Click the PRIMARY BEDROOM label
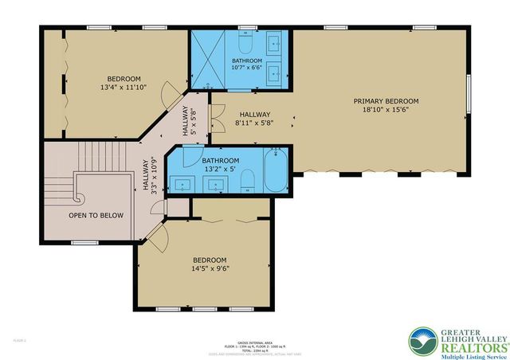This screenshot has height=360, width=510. pyautogui.click(x=386, y=101)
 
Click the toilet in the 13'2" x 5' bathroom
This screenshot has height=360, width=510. pyautogui.click(x=247, y=181)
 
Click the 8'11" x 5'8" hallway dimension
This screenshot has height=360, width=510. pyautogui.click(x=254, y=124)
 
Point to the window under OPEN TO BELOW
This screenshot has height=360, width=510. pyautogui.click(x=84, y=242)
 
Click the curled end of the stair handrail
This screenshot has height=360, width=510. pyautogui.click(x=77, y=196)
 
